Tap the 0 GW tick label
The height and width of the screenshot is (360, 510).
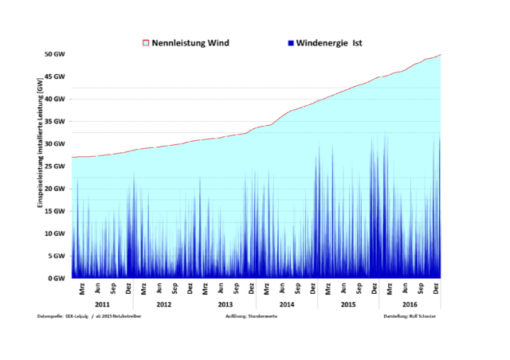tap(56, 278)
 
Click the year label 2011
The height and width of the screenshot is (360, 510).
tap(102, 305)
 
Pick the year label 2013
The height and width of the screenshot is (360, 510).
tap(226, 305)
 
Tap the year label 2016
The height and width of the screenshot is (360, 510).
tap(410, 305)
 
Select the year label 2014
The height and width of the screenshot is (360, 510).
tap(287, 305)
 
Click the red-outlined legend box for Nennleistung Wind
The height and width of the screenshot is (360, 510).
tap(145, 42)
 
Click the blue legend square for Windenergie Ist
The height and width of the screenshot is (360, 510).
tap(291, 42)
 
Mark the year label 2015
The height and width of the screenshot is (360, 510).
tap(348, 305)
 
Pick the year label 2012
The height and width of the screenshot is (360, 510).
tap(164, 305)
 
